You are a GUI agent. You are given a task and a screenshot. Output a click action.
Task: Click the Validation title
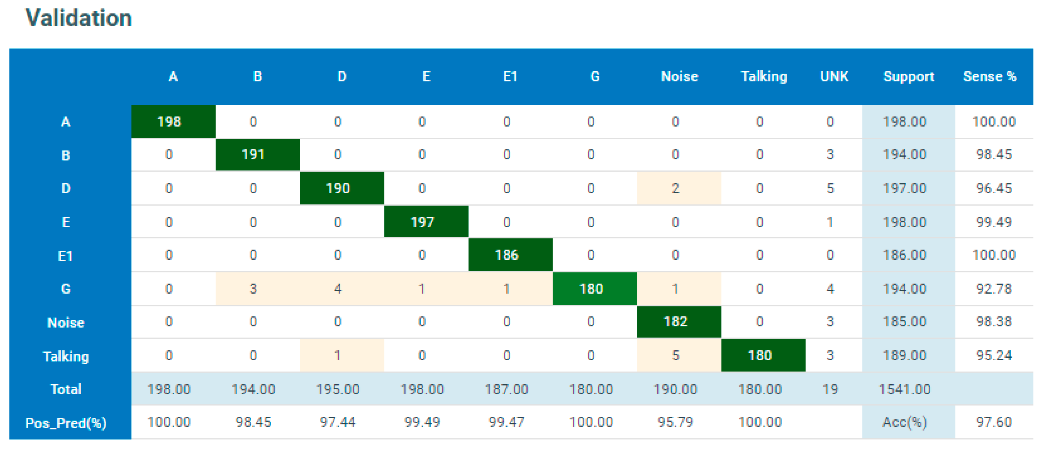click(x=79, y=18)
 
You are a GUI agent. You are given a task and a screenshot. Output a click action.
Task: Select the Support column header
click(x=908, y=76)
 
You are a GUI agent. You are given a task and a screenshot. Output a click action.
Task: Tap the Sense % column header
click(x=990, y=76)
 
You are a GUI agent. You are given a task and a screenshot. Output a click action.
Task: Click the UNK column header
click(x=834, y=76)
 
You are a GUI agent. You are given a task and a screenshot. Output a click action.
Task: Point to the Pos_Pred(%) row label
click(x=66, y=423)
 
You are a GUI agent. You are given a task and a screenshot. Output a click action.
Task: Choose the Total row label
click(x=66, y=389)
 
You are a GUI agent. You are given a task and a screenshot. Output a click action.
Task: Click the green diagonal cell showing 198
click(x=174, y=122)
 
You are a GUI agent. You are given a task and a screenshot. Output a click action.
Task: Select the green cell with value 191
click(x=258, y=154)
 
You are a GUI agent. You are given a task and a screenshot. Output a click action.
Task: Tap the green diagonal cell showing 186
click(x=511, y=255)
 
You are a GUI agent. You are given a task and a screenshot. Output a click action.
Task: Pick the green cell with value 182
click(x=679, y=322)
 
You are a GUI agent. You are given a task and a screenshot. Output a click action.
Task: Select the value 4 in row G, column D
click(x=338, y=289)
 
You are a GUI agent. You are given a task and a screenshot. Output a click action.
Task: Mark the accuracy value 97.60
click(x=994, y=422)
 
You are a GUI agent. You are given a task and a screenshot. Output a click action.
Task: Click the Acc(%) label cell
click(x=904, y=422)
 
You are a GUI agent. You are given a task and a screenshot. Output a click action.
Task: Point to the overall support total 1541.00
click(x=904, y=389)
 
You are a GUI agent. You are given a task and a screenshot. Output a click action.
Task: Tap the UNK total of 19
click(x=830, y=389)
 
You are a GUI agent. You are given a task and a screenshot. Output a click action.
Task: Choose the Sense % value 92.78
click(x=994, y=289)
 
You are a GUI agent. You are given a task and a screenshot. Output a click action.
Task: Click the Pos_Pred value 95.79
click(x=675, y=422)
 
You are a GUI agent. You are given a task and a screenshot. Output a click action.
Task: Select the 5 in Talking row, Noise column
click(x=675, y=355)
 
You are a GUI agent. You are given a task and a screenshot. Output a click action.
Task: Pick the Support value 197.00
click(x=904, y=188)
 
